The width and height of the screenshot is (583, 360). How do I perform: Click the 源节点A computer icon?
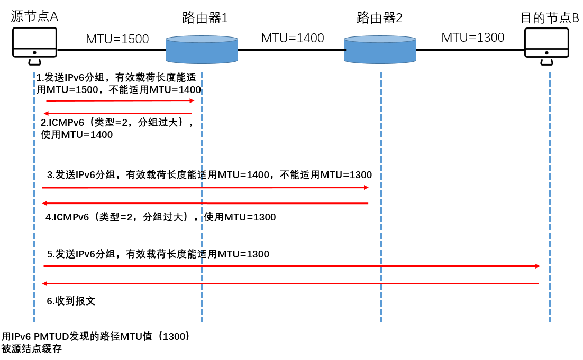[x=34, y=45]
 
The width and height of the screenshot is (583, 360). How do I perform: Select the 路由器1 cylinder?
[x=202, y=50]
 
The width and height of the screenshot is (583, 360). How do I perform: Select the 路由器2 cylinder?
[x=380, y=50]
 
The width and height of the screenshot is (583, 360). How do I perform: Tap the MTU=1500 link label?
[x=117, y=39]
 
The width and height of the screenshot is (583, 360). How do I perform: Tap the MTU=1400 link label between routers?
[x=292, y=38]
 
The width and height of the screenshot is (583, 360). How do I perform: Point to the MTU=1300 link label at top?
[x=472, y=38]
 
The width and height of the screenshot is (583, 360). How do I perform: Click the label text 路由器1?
[x=205, y=18]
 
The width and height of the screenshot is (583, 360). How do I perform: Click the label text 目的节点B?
[x=550, y=18]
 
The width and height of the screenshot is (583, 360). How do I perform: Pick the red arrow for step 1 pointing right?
[x=120, y=100]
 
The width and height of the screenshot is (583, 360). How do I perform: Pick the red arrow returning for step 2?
[x=117, y=113]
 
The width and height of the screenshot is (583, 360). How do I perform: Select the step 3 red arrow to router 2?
[x=205, y=188]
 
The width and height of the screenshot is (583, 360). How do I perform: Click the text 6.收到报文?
[x=71, y=302]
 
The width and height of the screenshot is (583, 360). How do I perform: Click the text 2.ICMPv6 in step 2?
[x=62, y=123]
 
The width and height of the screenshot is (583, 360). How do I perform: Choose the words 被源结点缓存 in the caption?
[x=31, y=349]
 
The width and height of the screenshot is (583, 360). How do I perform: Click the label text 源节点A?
[x=34, y=16]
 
